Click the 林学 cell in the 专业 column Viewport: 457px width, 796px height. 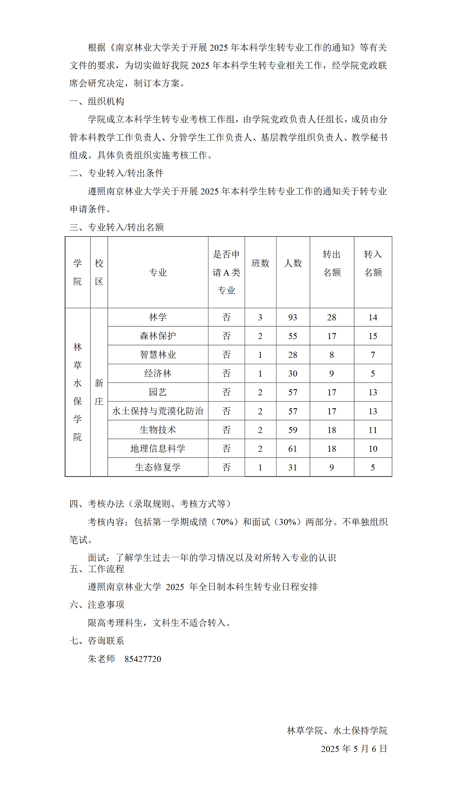click(158, 317)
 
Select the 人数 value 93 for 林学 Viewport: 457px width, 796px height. click(292, 317)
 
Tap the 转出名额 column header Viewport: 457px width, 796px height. click(332, 263)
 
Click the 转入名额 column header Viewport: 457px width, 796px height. click(373, 263)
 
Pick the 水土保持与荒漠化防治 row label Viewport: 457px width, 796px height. click(158, 411)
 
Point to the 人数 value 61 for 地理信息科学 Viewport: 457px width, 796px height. click(292, 448)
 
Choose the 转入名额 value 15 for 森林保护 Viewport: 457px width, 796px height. click(373, 336)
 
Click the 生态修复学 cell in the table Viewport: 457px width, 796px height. click(158, 467)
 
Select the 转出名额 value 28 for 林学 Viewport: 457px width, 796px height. click(332, 317)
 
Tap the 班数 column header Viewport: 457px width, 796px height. click(260, 263)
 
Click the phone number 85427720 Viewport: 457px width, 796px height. click(143, 659)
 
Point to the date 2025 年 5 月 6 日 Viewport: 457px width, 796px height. click(354, 749)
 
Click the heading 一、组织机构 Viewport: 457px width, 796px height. click(97, 101)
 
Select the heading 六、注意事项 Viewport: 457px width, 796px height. click(97, 604)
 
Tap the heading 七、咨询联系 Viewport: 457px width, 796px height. click(97, 641)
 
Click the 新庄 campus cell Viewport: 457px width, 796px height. click(99, 392)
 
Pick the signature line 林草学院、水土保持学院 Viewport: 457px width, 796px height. click(337, 730)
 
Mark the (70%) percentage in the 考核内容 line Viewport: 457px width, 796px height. click(225, 522)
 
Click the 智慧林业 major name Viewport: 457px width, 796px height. click(158, 355)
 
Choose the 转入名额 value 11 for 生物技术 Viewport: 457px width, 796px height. click(373, 430)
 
